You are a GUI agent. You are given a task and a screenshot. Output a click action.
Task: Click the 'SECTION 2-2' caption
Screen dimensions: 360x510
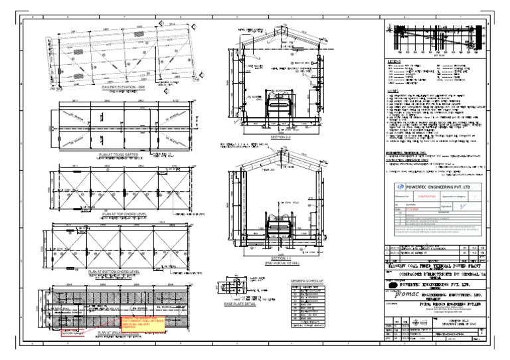283,137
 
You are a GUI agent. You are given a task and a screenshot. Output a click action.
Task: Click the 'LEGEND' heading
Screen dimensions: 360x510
394,60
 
